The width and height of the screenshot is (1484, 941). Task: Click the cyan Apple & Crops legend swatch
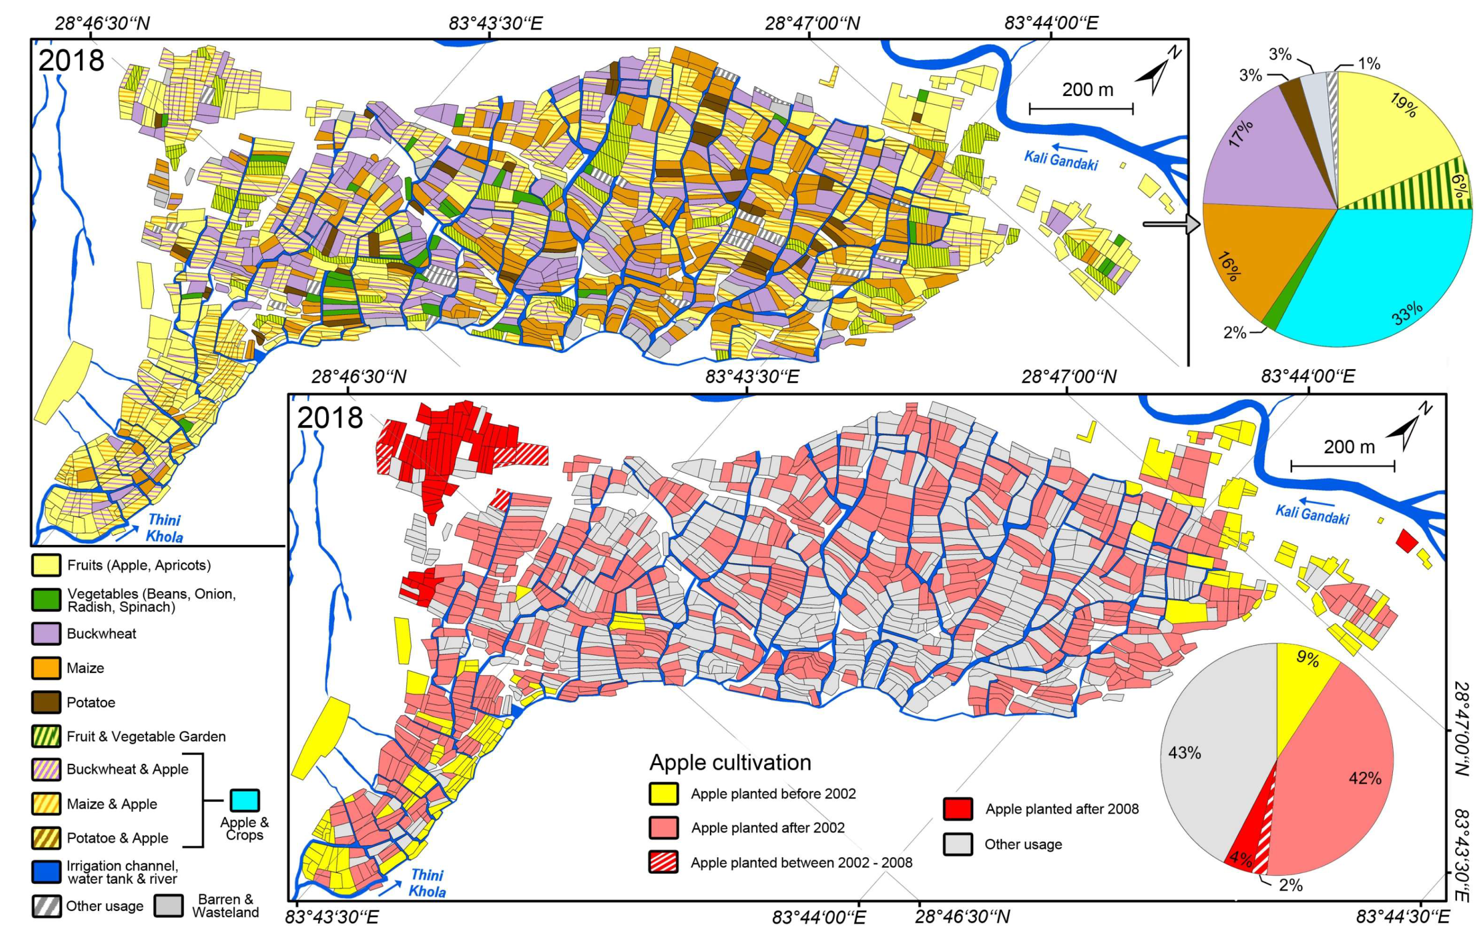pos(245,801)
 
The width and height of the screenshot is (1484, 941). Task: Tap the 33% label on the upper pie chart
pos(1406,314)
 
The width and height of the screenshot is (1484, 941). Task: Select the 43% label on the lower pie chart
pos(1184,753)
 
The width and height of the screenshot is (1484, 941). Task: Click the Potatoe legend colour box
pos(46,702)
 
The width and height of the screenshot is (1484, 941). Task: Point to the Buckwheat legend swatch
pos(46,633)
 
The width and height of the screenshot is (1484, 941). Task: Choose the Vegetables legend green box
pos(46,600)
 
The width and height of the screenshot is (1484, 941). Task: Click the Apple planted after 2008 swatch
pos(958,809)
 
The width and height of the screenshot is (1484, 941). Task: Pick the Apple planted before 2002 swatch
pos(664,794)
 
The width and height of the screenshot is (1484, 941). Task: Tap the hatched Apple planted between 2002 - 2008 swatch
pos(664,862)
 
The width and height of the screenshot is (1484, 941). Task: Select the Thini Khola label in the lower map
pos(427,883)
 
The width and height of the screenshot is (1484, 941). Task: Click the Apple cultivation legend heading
pos(730,762)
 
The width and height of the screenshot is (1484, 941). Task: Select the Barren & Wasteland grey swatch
pos(168,905)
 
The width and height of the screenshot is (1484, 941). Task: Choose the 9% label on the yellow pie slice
pos(1307,659)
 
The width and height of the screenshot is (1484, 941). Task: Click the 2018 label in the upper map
pos(71,60)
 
